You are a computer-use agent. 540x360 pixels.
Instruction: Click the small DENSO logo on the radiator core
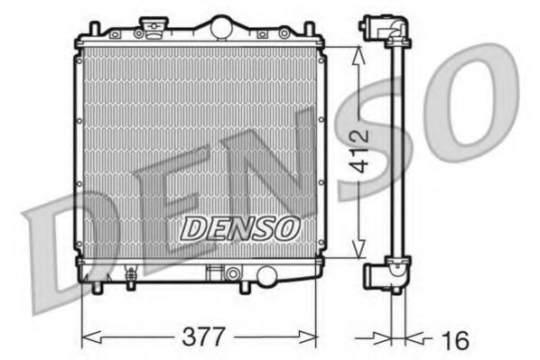[239, 229]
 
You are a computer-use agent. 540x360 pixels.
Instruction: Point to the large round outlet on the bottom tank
[235, 273]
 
